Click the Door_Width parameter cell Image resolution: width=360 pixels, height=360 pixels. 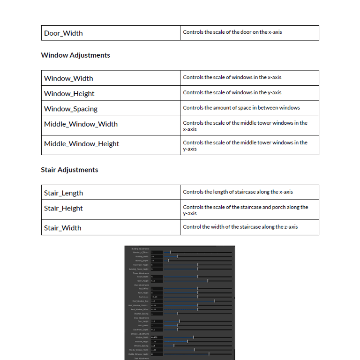[x=63, y=33]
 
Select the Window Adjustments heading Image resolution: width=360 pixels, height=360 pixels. [x=75, y=55]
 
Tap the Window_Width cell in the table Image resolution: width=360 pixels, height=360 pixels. [x=68, y=78]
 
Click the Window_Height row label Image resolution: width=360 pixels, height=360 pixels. [x=69, y=94]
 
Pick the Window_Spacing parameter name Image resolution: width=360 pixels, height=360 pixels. [x=71, y=109]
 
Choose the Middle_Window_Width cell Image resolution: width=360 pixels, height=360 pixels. [x=81, y=124]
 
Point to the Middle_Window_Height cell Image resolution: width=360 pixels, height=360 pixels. [x=82, y=144]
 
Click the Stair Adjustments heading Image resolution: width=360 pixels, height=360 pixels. [x=69, y=170]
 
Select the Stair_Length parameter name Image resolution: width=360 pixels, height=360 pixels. [x=63, y=193]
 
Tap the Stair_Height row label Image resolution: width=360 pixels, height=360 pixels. [x=63, y=208]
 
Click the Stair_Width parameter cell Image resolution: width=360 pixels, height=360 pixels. [x=62, y=228]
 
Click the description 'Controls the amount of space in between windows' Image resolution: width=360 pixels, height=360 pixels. [x=241, y=108]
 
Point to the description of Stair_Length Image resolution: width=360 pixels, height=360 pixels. [x=238, y=192]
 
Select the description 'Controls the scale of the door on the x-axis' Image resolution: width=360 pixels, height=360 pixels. [x=232, y=32]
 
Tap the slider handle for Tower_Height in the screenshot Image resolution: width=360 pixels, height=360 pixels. [x=208, y=281]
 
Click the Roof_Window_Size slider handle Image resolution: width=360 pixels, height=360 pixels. [x=215, y=301]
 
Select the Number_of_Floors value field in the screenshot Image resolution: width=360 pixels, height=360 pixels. [x=157, y=252]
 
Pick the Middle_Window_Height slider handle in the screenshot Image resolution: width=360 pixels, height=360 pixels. [x=209, y=354]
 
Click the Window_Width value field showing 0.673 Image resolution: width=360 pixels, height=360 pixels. [x=157, y=337]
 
